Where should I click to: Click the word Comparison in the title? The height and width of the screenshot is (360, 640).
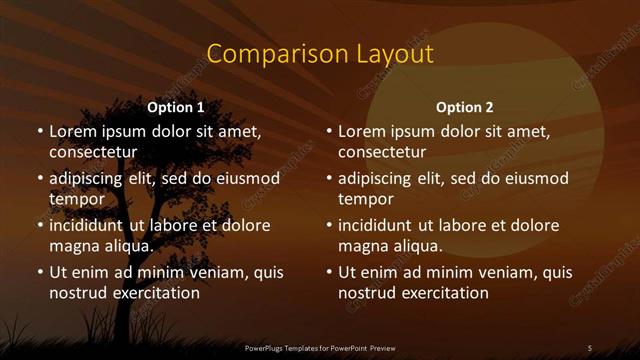267,53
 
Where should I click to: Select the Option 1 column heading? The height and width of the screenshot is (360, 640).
176,107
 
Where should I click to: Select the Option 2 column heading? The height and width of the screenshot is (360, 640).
465,107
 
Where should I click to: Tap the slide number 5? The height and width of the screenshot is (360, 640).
590,347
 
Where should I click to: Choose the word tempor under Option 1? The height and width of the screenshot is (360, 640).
75,199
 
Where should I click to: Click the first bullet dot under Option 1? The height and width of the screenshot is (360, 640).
39,132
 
